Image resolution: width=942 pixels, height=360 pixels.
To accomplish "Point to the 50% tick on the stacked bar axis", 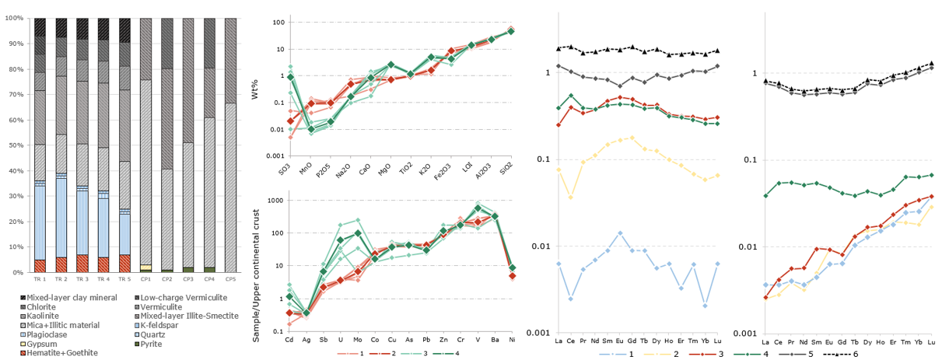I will coord(15,145).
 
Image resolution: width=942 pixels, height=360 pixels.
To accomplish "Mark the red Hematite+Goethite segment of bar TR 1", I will coord(40,266).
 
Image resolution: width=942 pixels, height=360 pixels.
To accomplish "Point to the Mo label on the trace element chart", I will coord(358,340).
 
